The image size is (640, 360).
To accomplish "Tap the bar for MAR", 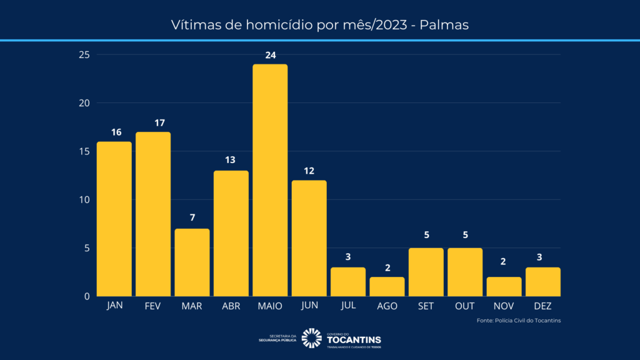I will tap(192, 262).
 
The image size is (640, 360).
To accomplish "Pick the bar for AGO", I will tap(387, 286).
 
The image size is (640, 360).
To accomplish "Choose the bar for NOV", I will tap(504, 286).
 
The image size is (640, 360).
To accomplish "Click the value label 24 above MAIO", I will tap(270, 55).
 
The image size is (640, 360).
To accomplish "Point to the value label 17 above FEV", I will tap(153, 122).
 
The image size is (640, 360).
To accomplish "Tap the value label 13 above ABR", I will tap(231, 161).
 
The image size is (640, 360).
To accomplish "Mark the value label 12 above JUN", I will tap(309, 171).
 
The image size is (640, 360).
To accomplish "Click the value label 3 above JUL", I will tap(348, 257).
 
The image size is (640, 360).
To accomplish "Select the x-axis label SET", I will tap(426, 306).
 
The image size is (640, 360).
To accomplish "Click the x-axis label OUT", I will tap(465, 306).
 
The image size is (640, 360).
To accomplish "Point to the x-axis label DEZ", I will tap(543, 306).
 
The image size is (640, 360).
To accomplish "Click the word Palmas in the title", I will tap(444, 26).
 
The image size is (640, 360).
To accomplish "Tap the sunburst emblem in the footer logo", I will tap(311, 338).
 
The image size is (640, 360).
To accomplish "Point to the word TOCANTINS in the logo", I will tap(354, 339).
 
